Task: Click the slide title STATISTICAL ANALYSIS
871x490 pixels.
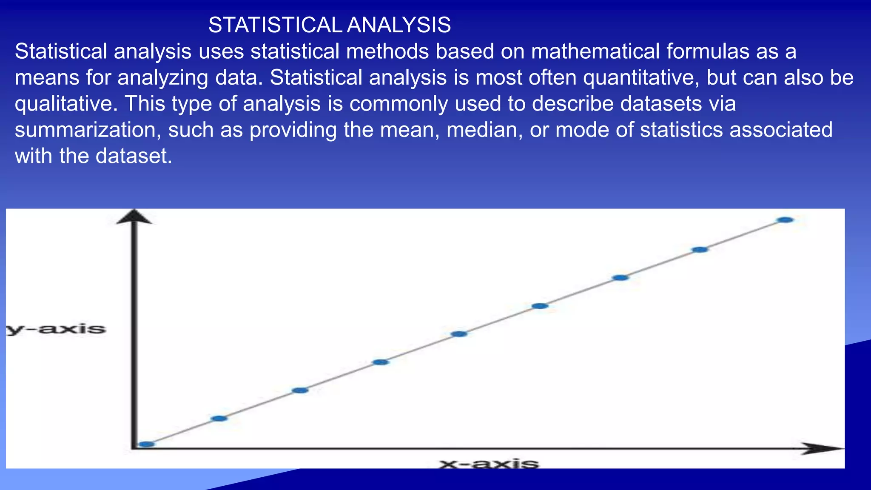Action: (329, 25)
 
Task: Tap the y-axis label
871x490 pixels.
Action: (56, 329)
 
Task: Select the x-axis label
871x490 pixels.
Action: (489, 463)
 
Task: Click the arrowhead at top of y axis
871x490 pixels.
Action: (134, 217)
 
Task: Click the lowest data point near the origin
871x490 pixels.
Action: (146, 444)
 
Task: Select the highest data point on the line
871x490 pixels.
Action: (785, 220)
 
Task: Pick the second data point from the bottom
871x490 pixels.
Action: (219, 418)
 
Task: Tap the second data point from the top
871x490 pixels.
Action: (700, 249)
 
